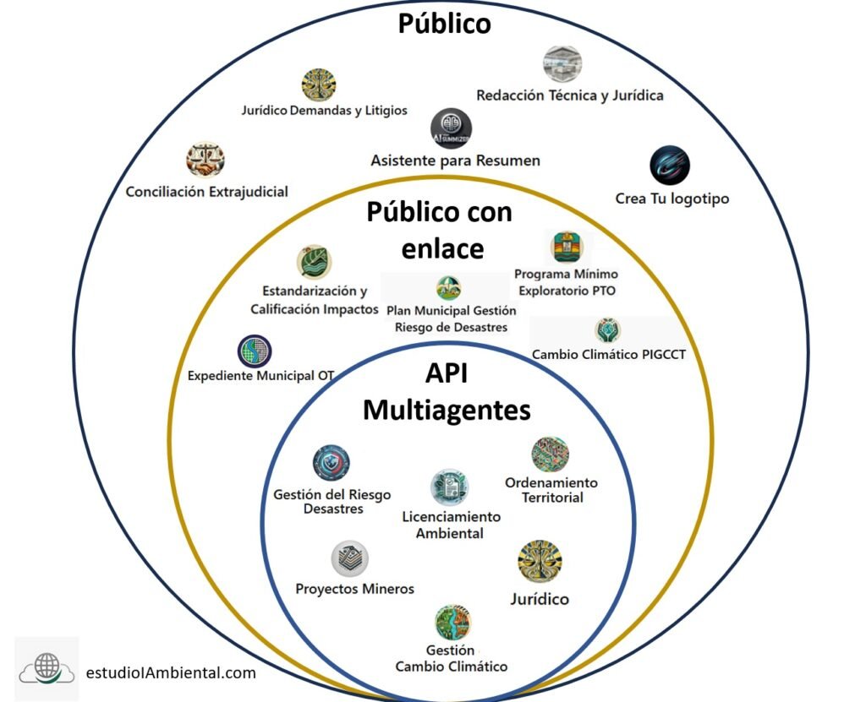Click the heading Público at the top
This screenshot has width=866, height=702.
click(444, 24)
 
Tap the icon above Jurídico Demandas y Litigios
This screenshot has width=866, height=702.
click(319, 85)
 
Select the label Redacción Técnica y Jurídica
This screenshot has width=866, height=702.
click(569, 95)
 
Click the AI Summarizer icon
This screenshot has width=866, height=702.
click(451, 128)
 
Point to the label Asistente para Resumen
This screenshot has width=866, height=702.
click(455, 160)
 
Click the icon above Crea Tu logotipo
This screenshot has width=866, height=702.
click(670, 166)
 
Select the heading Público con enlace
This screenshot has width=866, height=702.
click(439, 230)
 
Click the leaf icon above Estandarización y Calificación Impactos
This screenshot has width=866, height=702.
click(315, 263)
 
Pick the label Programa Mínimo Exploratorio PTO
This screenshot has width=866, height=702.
click(566, 282)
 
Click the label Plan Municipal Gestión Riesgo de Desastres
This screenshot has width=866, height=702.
click(451, 318)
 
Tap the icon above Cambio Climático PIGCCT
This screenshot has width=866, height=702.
click(607, 329)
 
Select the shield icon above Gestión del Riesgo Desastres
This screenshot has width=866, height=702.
click(331, 464)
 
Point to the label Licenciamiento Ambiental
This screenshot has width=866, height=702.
click(451, 524)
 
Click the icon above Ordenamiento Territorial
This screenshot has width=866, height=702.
click(551, 454)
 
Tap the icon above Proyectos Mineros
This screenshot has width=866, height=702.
click(349, 559)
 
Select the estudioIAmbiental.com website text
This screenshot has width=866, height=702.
click(171, 672)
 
